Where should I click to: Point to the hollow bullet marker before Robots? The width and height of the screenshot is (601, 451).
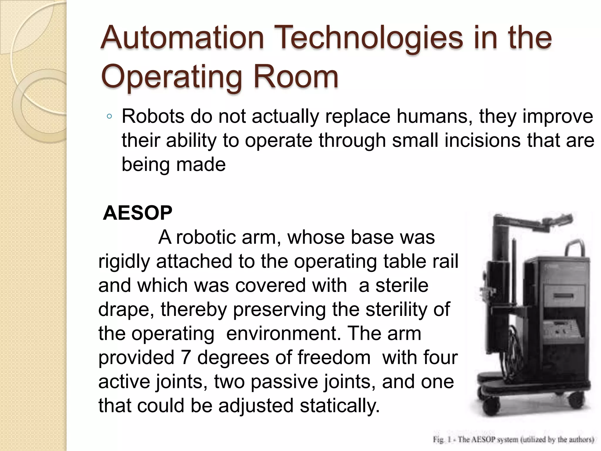[x=109, y=117]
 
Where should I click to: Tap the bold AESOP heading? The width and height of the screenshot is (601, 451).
[x=138, y=213]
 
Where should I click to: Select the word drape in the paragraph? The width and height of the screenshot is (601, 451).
[x=126, y=309]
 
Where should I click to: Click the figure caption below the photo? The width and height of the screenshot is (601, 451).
[x=514, y=439]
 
